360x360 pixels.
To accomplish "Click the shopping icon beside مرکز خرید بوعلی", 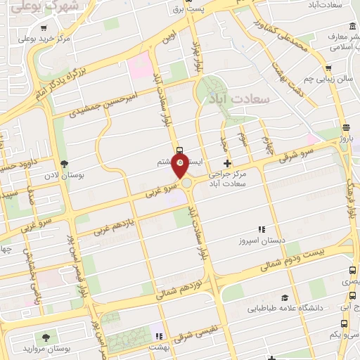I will [x=44, y=29].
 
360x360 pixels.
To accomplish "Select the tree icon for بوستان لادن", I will [x=65, y=163].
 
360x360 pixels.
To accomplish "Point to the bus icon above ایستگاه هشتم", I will [x=179, y=150].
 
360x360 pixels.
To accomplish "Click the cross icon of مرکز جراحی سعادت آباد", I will [x=226, y=163].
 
